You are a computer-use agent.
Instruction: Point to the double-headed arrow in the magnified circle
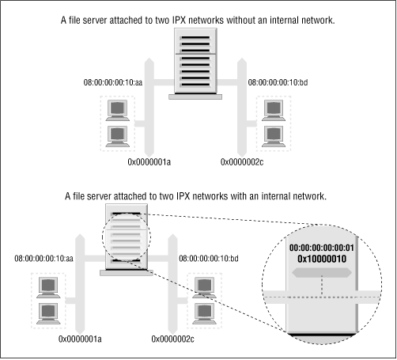click(322, 272)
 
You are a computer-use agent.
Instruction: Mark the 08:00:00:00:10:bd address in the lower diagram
click(211, 258)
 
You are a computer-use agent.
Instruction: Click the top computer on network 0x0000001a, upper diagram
click(119, 108)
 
